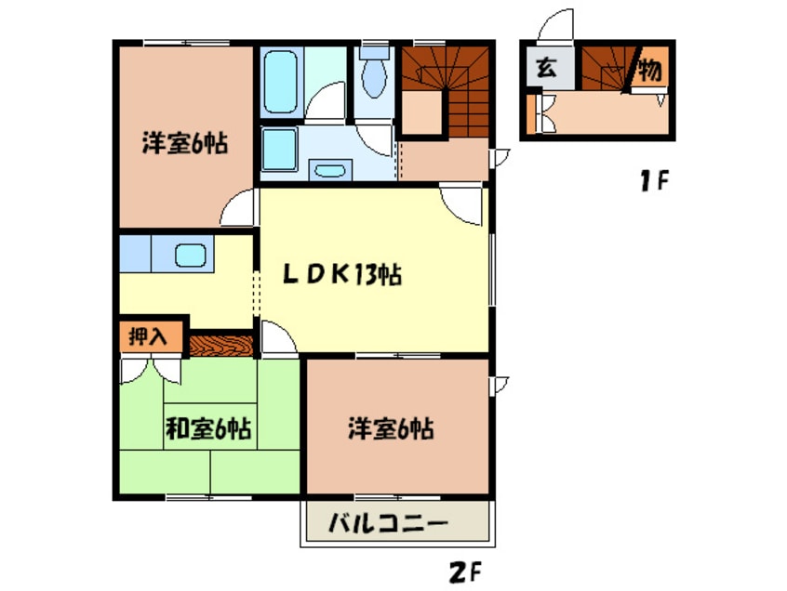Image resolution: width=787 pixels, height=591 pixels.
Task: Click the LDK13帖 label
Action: pyautogui.click(x=342, y=275)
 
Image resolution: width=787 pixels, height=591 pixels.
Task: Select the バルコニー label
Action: pyautogui.click(x=392, y=524)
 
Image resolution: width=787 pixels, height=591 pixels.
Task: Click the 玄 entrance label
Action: pyautogui.click(x=547, y=69)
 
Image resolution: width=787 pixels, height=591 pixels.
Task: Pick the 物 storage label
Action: pyautogui.click(x=651, y=69)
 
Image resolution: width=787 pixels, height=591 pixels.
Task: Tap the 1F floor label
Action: pyautogui.click(x=652, y=179)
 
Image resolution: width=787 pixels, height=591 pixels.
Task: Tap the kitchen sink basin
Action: pyautogui.click(x=191, y=253)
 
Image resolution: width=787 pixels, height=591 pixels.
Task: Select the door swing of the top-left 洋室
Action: pyautogui.click(x=238, y=207)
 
